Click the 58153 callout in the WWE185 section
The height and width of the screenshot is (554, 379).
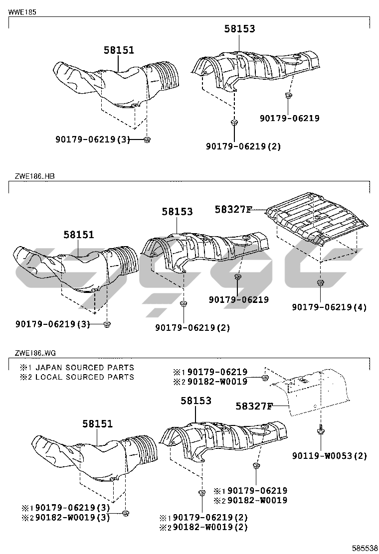(x=239, y=29)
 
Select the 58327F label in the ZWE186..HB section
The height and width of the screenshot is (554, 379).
(x=233, y=210)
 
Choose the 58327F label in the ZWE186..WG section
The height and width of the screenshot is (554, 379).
(x=254, y=406)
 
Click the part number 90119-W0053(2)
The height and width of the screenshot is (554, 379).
(x=330, y=456)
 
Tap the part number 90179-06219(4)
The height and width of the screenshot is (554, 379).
(x=329, y=307)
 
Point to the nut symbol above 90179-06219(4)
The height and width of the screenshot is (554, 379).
(x=319, y=283)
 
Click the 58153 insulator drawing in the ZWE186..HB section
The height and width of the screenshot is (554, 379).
(x=204, y=249)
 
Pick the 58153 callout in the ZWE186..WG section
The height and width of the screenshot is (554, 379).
(x=195, y=400)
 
